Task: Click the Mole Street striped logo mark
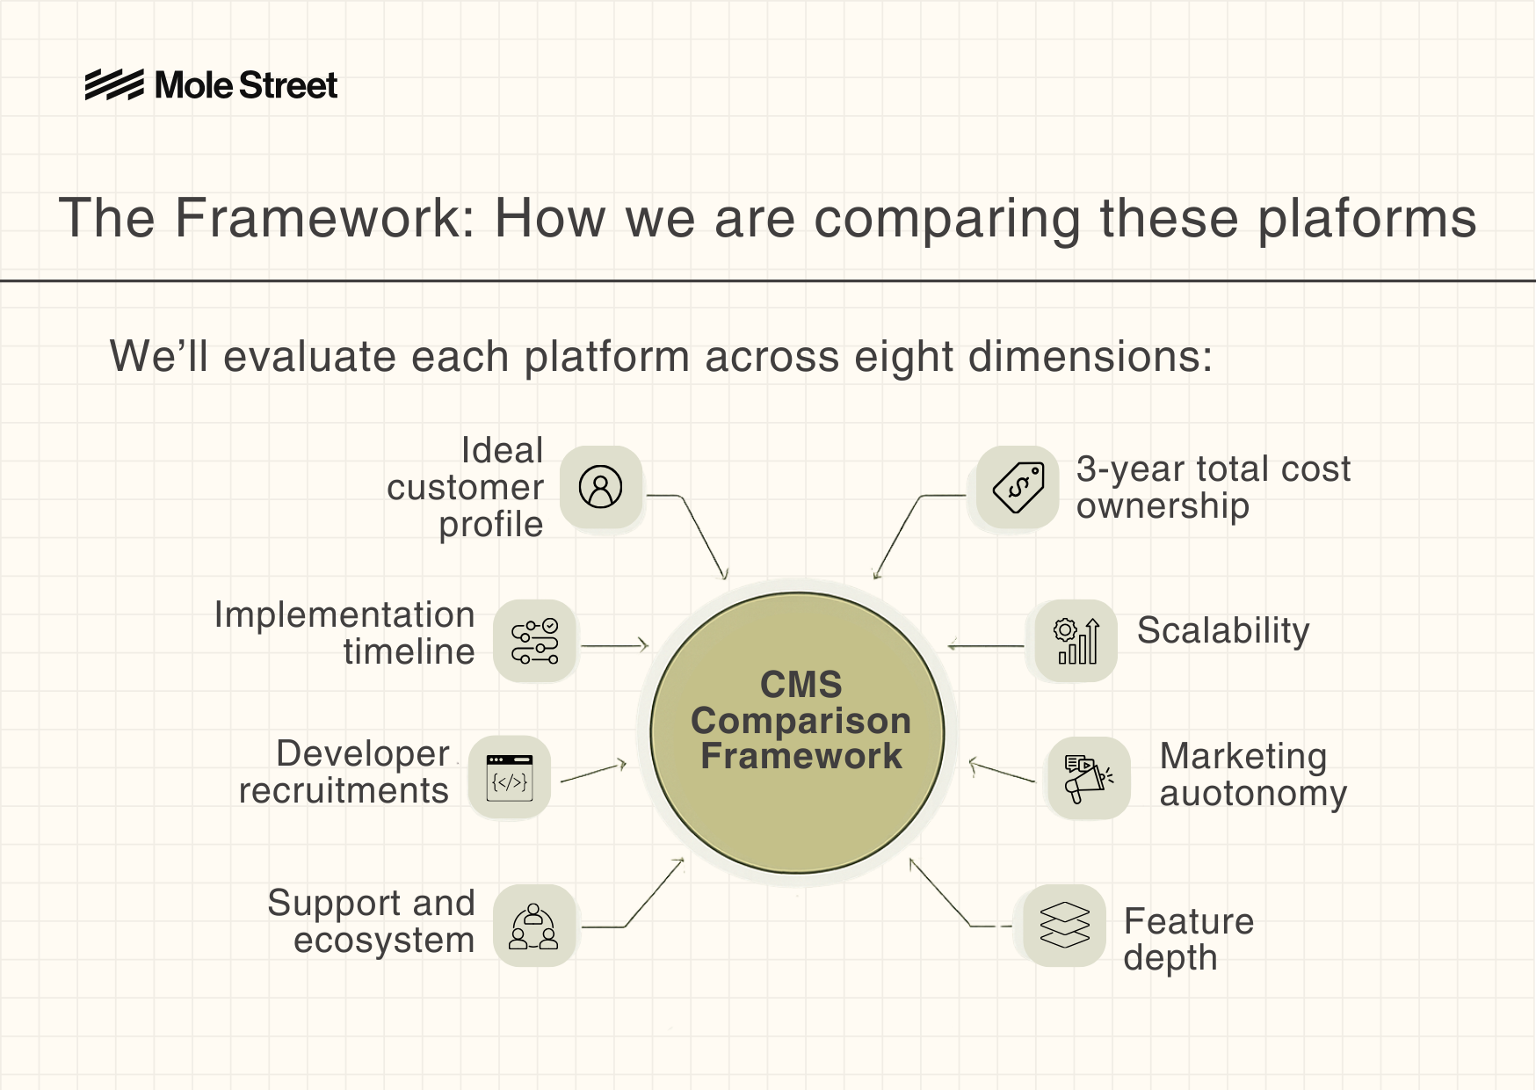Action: pyautogui.click(x=114, y=85)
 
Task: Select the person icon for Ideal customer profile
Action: pyautogui.click(x=601, y=487)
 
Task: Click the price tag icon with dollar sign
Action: pyautogui.click(x=1018, y=487)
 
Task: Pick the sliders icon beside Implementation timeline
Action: pyautogui.click(x=534, y=641)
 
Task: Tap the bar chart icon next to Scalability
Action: pyautogui.click(x=1076, y=641)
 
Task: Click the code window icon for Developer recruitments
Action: pyautogui.click(x=510, y=778)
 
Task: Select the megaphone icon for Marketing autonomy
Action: pyautogui.click(x=1088, y=778)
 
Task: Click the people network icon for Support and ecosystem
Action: pyautogui.click(x=534, y=926)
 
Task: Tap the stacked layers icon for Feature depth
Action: pyautogui.click(x=1064, y=926)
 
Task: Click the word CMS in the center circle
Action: pyautogui.click(x=801, y=684)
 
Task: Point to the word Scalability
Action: pyautogui.click(x=1223, y=630)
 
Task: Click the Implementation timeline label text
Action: pyautogui.click(x=344, y=633)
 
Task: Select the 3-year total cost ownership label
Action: pyautogui.click(x=1213, y=487)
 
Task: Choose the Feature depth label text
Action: pyautogui.click(x=1188, y=939)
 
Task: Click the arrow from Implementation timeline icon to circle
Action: pyautogui.click(x=614, y=646)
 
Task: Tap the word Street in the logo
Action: pyautogui.click(x=288, y=85)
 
